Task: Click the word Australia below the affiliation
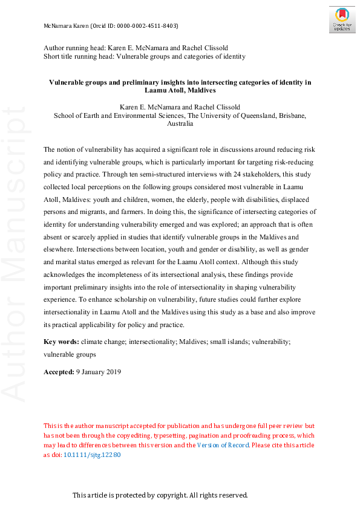point(180,124)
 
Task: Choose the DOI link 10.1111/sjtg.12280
point(94,455)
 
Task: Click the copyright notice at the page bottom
point(160,495)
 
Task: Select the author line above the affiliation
point(180,108)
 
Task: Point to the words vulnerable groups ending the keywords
point(70,354)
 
